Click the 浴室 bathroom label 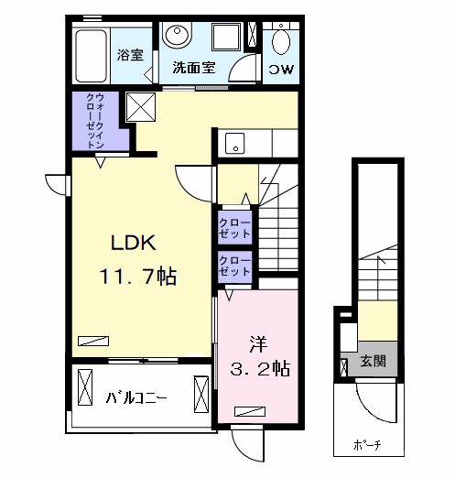pyautogui.click(x=130, y=55)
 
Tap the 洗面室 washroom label pyautogui.click(x=194, y=67)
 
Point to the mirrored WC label pyautogui.click(x=281, y=70)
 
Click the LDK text pyautogui.click(x=134, y=243)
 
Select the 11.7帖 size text pyautogui.click(x=138, y=277)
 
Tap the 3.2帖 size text pyautogui.click(x=260, y=368)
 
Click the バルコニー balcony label pyautogui.click(x=136, y=397)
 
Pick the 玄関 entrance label pyautogui.click(x=373, y=361)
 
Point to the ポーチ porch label pyautogui.click(x=367, y=445)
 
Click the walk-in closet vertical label pyautogui.click(x=95, y=121)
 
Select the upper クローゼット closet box pyautogui.click(x=234, y=228)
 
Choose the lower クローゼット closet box pyautogui.click(x=234, y=266)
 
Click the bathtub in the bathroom pyautogui.click(x=91, y=56)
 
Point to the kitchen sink pyautogui.click(x=235, y=143)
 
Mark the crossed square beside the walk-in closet pyautogui.click(x=141, y=107)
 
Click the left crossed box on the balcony pyautogui.click(x=85, y=387)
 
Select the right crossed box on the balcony pyautogui.click(x=201, y=394)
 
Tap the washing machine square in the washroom pyautogui.click(x=226, y=38)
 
